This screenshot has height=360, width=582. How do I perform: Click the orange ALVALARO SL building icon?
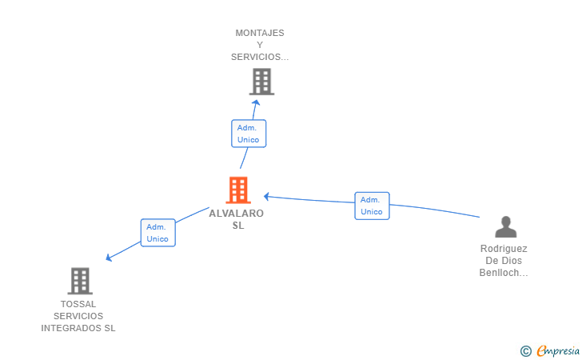238,190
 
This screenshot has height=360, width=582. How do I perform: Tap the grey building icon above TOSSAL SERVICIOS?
80,281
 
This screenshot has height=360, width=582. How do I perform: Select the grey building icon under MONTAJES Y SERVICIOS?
261,82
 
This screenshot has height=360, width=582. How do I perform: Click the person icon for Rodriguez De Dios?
505,226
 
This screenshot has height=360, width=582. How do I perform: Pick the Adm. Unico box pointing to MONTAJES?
249,134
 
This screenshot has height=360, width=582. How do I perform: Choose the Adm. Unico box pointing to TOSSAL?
158,233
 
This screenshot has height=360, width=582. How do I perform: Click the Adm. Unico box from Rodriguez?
372,206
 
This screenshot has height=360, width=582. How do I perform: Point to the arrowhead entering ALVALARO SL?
265,197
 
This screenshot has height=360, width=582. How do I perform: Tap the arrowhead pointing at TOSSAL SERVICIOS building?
109,257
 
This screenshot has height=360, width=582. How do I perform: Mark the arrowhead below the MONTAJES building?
256,102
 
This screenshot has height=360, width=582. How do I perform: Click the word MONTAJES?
260,33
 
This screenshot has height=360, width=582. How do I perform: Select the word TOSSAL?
78,304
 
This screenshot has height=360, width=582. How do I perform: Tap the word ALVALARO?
237,214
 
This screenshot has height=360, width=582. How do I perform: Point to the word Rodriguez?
504,249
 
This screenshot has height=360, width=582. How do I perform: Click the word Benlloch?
499,273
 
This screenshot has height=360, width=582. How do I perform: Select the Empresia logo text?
558,350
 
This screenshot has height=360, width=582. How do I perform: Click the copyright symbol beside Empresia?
526,351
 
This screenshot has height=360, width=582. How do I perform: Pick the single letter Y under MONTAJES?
260,45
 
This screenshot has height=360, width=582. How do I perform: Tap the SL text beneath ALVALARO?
238,226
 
